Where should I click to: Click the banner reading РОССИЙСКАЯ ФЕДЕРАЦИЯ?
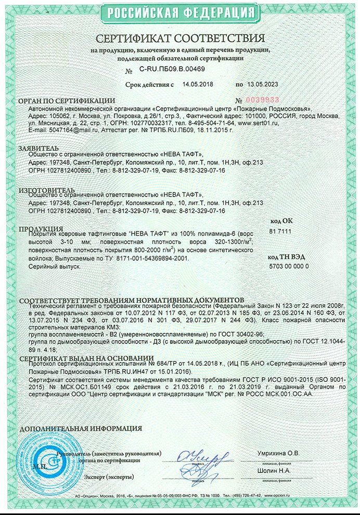[x=179, y=11]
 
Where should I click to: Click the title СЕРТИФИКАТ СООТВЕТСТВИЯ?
[x=180, y=38]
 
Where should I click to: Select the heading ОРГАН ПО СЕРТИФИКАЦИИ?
[x=67, y=100]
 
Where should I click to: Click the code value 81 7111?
[x=280, y=230]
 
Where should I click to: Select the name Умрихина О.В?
[x=278, y=454]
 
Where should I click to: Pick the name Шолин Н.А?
[x=272, y=471]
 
